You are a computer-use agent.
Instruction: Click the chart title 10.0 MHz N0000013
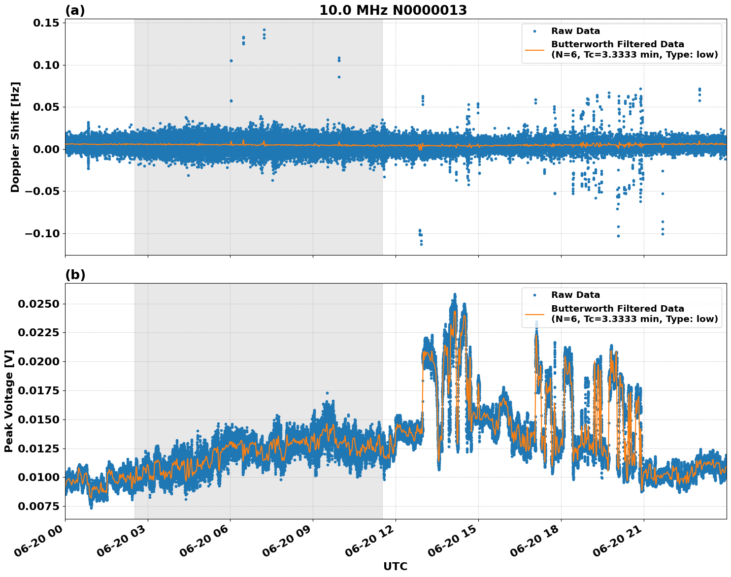393,10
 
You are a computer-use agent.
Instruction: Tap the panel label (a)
75,10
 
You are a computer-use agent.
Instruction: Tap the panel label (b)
75,275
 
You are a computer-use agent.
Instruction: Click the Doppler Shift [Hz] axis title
15,137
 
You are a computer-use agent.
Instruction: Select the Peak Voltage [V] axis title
9,401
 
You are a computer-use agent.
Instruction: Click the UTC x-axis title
395,566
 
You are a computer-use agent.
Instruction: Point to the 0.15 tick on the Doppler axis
45,23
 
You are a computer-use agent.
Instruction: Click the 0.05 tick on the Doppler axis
45,107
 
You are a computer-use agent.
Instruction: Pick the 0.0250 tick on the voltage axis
38,304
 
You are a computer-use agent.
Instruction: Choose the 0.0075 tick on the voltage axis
38,506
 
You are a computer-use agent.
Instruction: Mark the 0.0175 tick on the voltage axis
38,390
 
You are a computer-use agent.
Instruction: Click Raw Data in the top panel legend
575,31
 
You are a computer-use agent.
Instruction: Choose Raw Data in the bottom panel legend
575,295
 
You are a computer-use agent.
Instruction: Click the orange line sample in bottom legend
534,314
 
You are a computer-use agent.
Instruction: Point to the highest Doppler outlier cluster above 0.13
264,33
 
